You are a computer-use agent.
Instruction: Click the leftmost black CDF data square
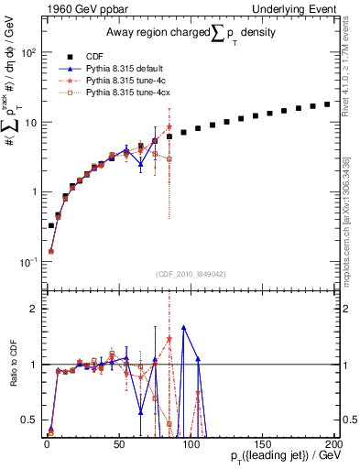50,225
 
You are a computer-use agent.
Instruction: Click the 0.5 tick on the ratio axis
31,420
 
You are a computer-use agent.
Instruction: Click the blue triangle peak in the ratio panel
183,327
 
